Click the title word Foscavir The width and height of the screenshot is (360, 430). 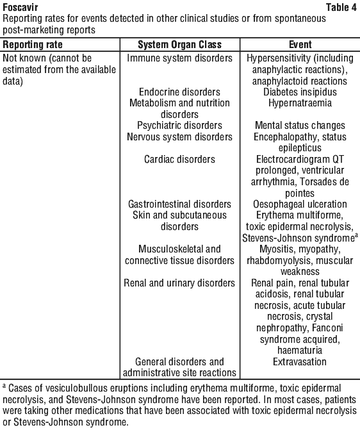click(x=20, y=8)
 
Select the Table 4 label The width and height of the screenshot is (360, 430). click(x=341, y=8)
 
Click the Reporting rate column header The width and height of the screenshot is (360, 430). click(x=33, y=45)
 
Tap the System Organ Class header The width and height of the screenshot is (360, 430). click(x=179, y=45)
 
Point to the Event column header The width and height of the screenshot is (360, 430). click(x=300, y=45)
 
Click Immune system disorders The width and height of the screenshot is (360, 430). click(x=179, y=58)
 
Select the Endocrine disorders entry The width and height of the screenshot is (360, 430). click(x=179, y=92)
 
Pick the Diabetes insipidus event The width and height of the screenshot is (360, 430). click(x=300, y=92)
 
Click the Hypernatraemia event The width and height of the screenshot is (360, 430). click(x=300, y=103)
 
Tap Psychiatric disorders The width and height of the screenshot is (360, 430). click(x=179, y=126)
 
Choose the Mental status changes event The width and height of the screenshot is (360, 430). click(x=300, y=126)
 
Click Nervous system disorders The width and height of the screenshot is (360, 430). click(x=179, y=137)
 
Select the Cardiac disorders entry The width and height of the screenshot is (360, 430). click(x=179, y=160)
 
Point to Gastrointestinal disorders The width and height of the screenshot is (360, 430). click(x=179, y=204)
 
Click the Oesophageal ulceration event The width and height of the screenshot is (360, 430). click(x=300, y=204)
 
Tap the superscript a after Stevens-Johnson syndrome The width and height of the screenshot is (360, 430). click(x=356, y=235)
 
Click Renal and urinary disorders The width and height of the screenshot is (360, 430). click(x=179, y=283)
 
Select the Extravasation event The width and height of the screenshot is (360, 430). click(x=300, y=361)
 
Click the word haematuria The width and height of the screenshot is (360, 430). click(x=300, y=351)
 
